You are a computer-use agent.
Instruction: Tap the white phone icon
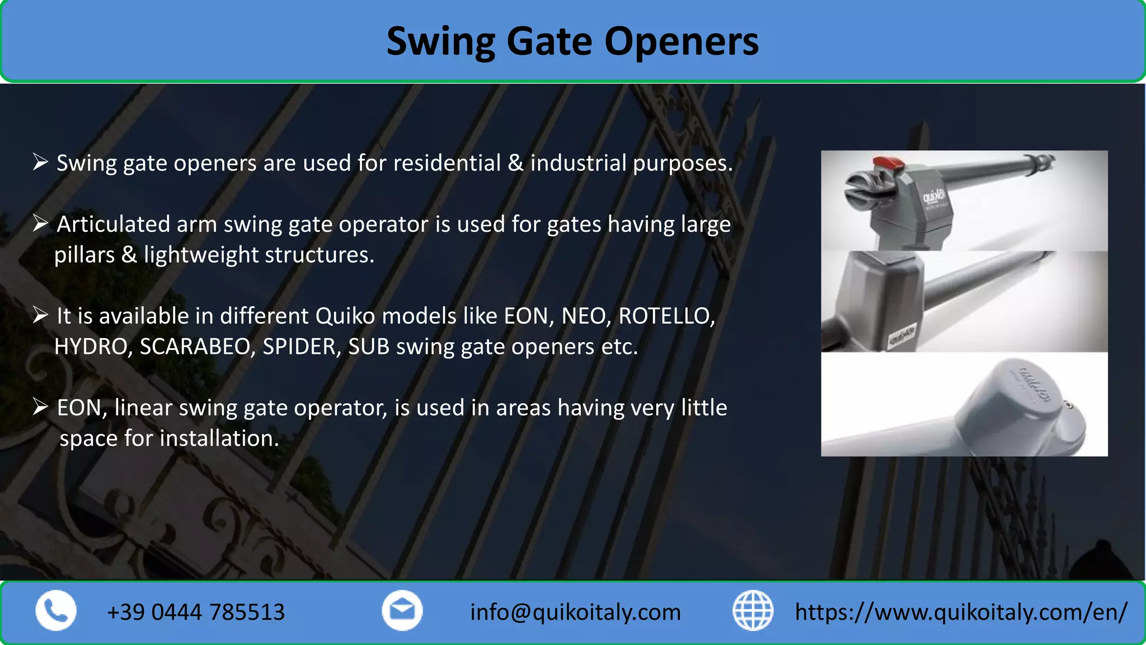point(56,611)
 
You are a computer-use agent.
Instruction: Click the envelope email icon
point(402,611)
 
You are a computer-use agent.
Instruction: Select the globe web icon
point(753,611)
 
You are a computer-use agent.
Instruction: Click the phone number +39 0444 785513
point(196,612)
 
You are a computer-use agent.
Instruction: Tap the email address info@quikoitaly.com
point(575,612)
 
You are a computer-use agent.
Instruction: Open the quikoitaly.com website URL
point(961,612)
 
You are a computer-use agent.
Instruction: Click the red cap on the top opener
point(889,163)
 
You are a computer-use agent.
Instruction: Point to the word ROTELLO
point(666,316)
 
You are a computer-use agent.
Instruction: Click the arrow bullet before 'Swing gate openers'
point(40,162)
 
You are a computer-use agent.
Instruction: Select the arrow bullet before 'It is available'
point(40,315)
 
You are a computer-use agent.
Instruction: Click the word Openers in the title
point(681,41)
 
